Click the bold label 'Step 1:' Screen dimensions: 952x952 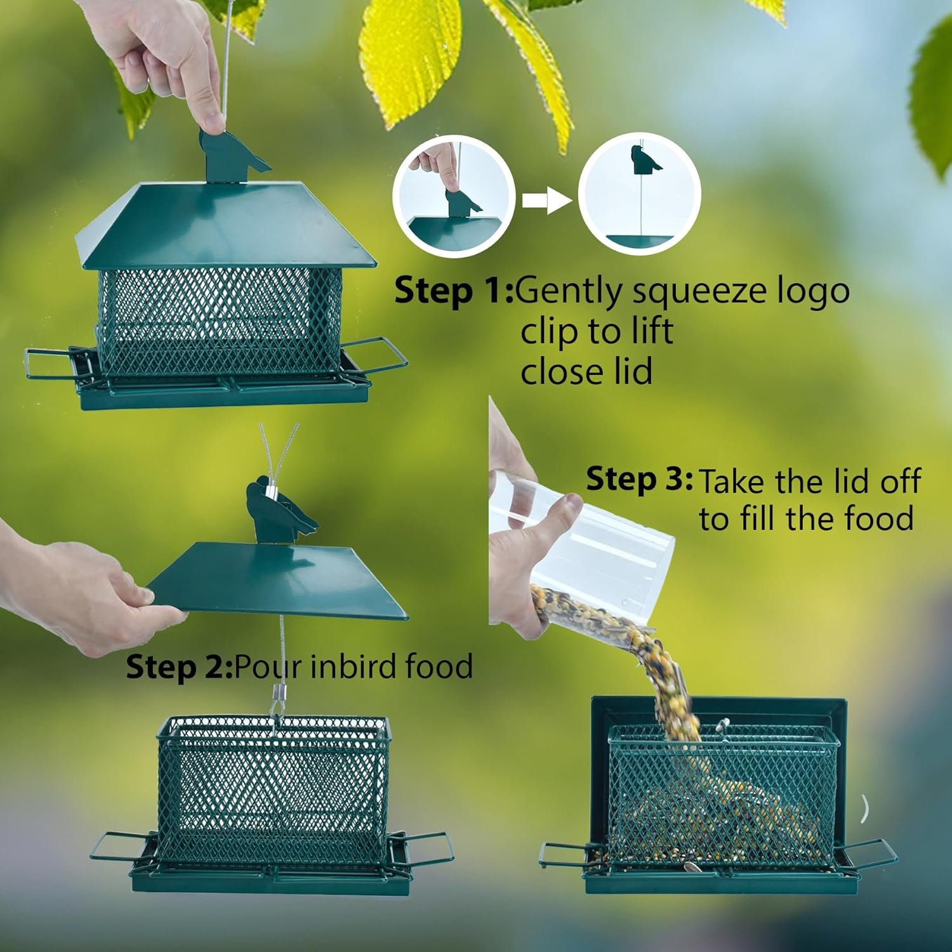[x=454, y=291]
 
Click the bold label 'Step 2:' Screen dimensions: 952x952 [x=180, y=667]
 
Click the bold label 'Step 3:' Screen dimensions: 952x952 [x=640, y=479]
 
